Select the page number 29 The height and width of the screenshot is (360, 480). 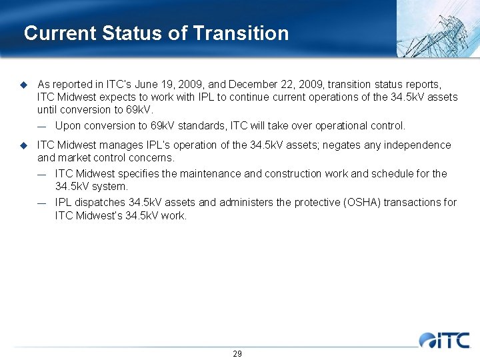tap(237, 353)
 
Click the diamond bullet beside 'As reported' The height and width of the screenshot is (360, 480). tap(23, 85)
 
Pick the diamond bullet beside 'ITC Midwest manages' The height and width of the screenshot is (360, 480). tap(23, 145)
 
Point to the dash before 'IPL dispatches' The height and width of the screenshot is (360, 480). tap(42, 202)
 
